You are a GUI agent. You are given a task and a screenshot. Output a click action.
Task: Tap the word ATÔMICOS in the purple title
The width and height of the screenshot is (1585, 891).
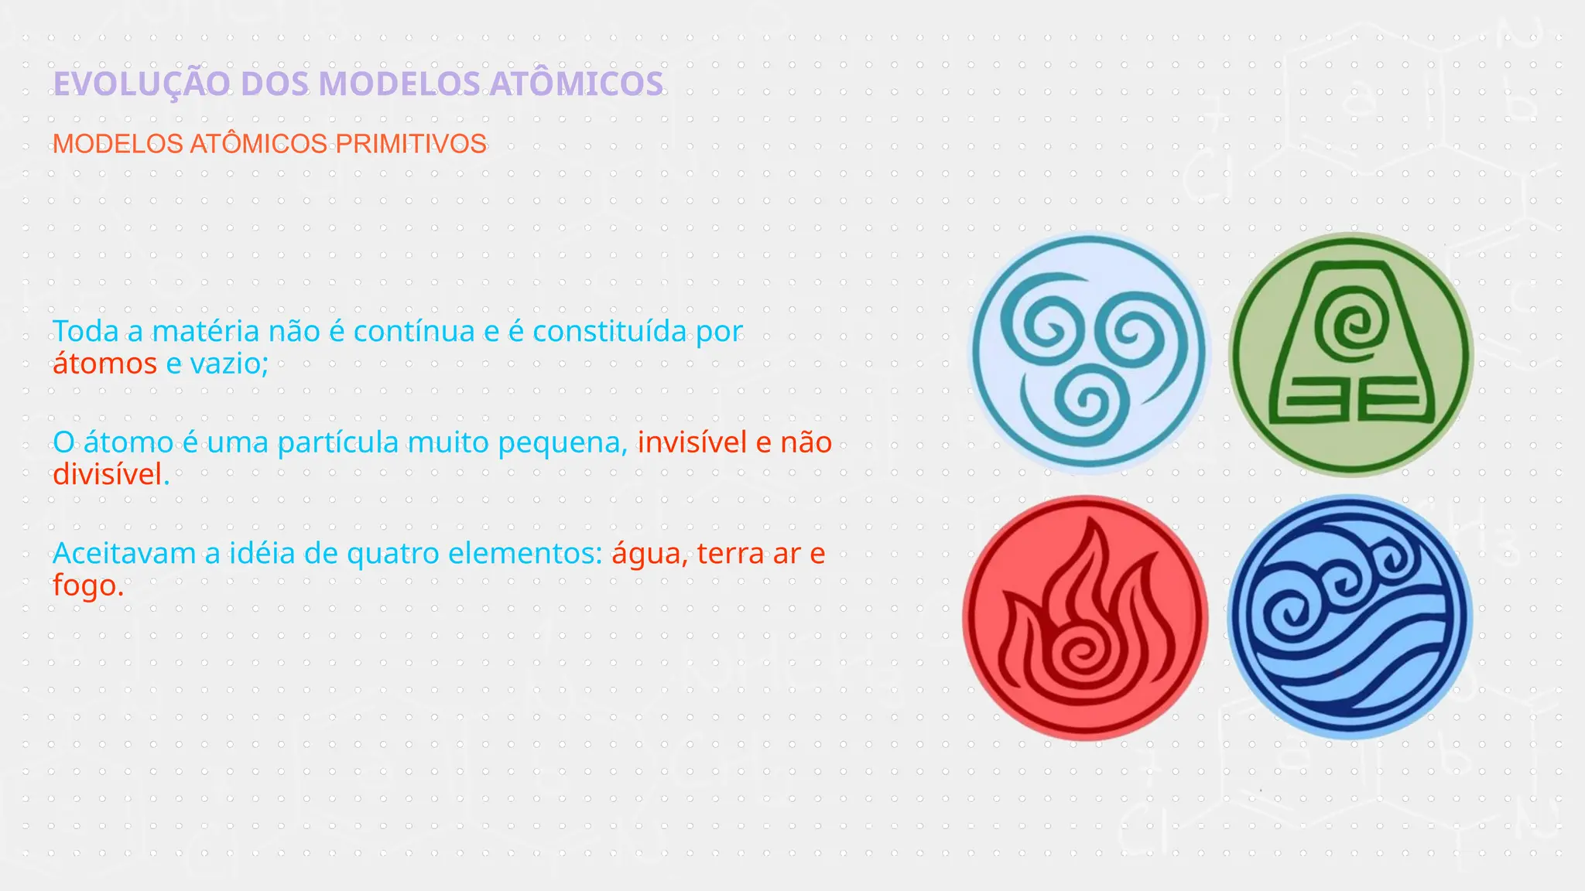point(577,84)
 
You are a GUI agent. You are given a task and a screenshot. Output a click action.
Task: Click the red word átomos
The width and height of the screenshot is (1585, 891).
point(104,364)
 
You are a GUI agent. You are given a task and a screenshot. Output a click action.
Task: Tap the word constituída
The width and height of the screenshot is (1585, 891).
point(609,332)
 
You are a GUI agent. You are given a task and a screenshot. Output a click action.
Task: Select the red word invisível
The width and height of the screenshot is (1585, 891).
point(693,442)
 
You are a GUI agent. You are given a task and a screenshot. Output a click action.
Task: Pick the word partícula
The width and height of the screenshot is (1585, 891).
point(337,442)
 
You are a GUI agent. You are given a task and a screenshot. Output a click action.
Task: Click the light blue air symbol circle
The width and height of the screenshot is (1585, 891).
point(1089,353)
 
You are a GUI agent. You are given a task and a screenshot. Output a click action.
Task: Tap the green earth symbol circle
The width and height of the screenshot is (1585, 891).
point(1351,354)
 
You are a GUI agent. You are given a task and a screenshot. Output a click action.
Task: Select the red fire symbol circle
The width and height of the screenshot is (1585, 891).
point(1086,618)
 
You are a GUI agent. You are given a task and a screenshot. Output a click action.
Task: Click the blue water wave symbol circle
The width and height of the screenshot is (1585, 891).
point(1351,616)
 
